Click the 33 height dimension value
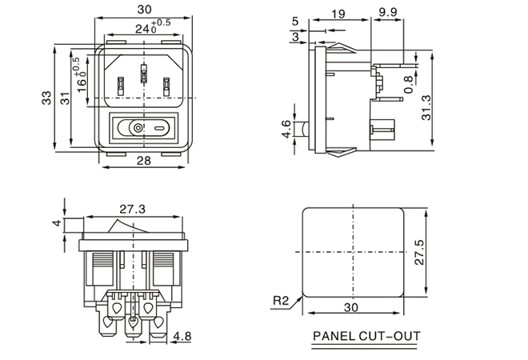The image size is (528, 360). point(46,97)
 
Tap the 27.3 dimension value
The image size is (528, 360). point(131,210)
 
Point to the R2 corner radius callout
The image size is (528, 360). point(280,301)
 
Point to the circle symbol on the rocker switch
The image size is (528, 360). point(138,127)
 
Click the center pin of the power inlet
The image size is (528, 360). point(144,75)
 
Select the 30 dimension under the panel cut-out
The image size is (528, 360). point(351,306)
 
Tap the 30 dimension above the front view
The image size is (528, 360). point(144,10)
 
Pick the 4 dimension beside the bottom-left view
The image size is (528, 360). point(57,223)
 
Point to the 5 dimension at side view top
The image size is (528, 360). point(296,21)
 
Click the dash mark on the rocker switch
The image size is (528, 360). point(160,127)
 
